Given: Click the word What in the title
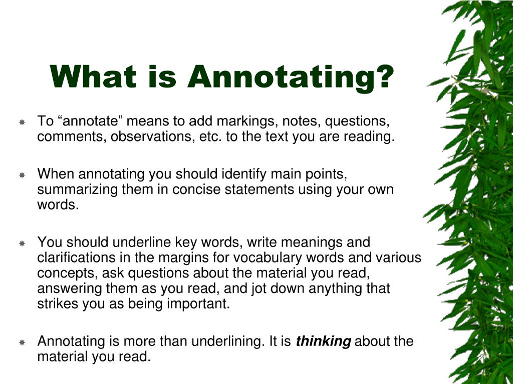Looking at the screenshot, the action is coord(93,76).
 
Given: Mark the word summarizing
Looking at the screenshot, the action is coord(78,189).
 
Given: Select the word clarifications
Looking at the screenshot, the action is coord(76,257).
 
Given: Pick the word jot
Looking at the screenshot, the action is coord(257,288).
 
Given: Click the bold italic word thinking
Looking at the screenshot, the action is coord(323,341).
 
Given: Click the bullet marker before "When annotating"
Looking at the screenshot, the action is coord(22,175).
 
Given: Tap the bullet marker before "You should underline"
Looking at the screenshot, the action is coord(22,243).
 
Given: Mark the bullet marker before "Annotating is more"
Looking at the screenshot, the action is coord(22,342).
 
